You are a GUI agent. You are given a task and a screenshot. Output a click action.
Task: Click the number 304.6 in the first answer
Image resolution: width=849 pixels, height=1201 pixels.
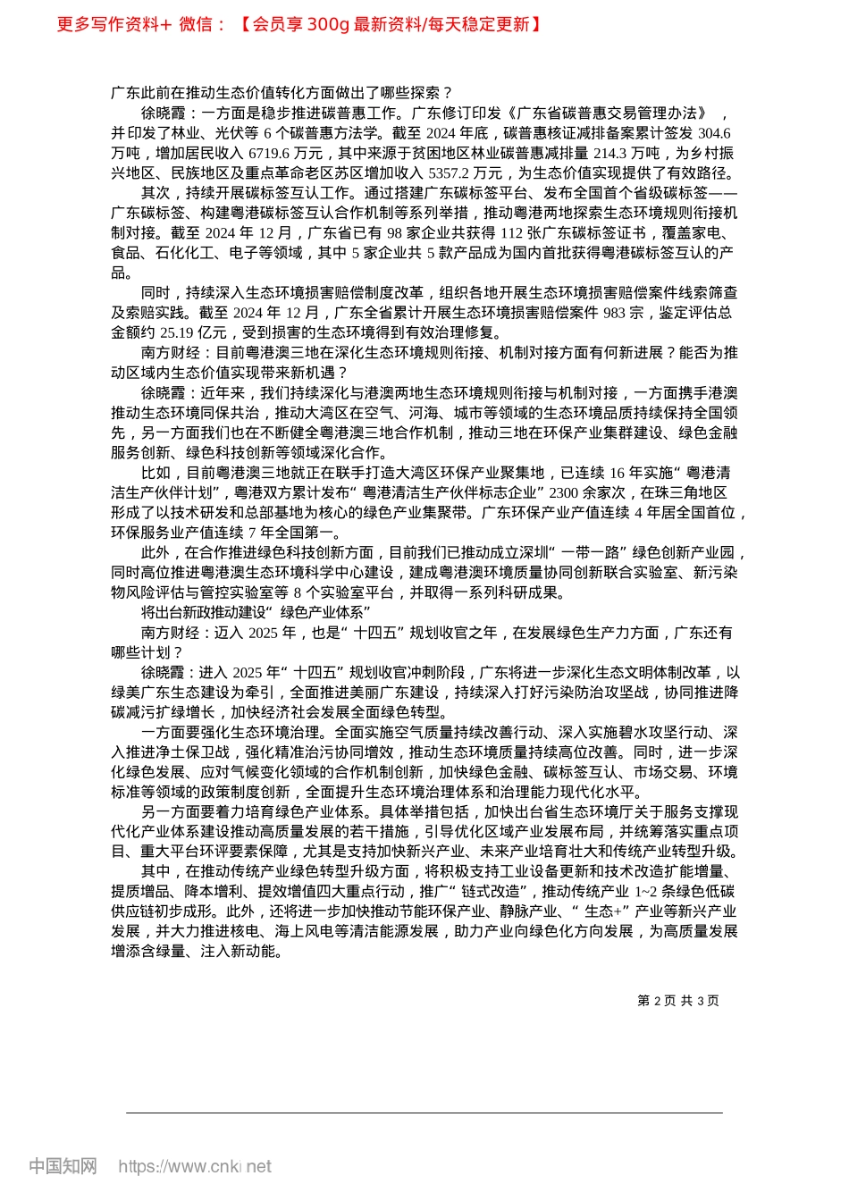click(x=714, y=133)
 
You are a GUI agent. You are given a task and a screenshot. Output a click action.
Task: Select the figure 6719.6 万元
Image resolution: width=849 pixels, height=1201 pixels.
click(x=266, y=153)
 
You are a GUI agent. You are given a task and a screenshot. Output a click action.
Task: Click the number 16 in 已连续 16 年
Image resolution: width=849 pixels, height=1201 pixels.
click(x=618, y=472)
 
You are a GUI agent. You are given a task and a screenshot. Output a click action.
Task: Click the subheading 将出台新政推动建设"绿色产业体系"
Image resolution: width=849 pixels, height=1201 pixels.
click(x=256, y=612)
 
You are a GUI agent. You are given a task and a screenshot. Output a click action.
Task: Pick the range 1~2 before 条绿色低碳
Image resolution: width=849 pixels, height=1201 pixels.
click(x=647, y=891)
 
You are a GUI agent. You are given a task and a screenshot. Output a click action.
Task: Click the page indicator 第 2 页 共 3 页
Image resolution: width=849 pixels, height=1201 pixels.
click(x=678, y=1001)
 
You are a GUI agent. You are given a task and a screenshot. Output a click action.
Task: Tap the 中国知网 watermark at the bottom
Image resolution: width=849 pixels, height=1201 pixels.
click(x=63, y=1166)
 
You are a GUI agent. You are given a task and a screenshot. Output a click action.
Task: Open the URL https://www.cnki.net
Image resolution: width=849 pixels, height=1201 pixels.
click(x=195, y=1166)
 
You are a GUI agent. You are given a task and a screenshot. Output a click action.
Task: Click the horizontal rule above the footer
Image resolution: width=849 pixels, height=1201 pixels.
click(x=424, y=1113)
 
